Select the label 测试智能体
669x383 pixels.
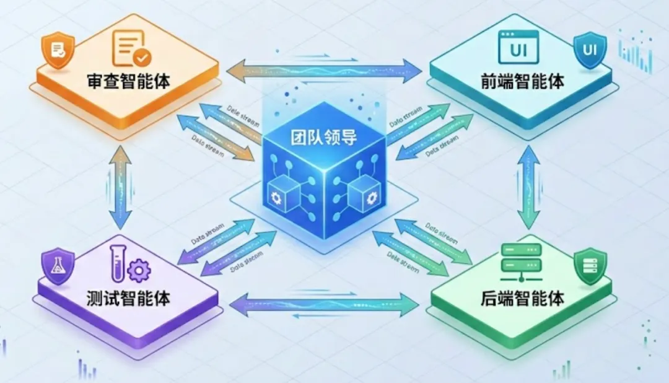129,298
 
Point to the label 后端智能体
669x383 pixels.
523,299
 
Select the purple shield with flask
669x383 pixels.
57,266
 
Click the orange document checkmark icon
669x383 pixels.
131,48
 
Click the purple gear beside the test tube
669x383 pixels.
138,270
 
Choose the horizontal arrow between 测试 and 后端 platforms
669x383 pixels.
324,304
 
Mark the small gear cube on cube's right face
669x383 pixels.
359,195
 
